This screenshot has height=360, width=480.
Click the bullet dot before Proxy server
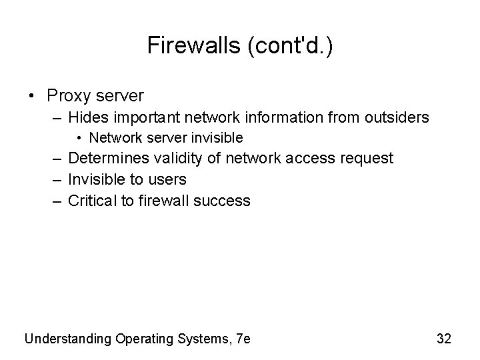(x=33, y=95)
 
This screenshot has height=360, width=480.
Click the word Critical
(x=92, y=201)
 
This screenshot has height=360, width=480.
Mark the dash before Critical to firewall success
(x=55, y=201)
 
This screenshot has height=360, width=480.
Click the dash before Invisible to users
(x=55, y=179)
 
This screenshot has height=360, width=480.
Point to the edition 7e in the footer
(x=243, y=339)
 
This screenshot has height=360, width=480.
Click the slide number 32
(x=444, y=339)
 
